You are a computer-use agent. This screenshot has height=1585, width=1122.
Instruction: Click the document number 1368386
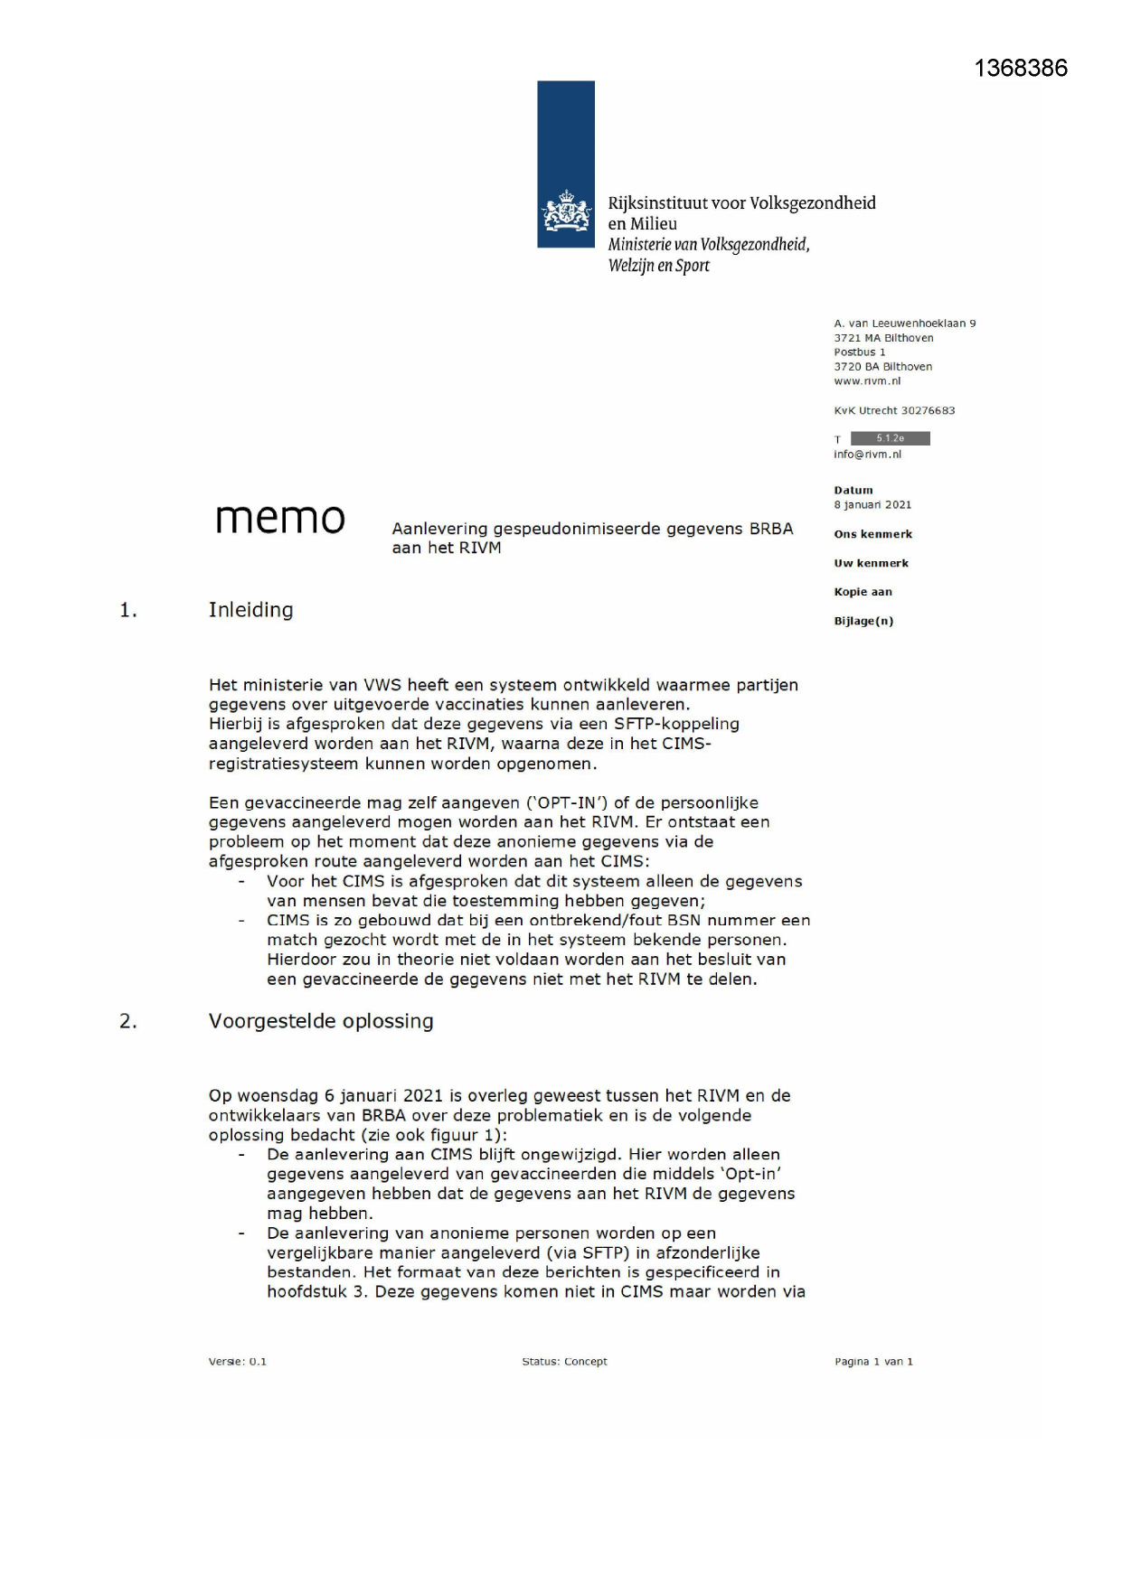(1021, 69)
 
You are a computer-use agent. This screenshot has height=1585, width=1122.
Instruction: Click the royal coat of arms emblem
(566, 211)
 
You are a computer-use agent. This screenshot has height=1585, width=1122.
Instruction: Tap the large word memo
(280, 518)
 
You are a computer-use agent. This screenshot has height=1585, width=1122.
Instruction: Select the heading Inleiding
(250, 610)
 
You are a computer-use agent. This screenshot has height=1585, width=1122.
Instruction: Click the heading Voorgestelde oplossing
(321, 1021)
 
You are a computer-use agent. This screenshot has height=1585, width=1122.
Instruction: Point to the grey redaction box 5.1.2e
(890, 438)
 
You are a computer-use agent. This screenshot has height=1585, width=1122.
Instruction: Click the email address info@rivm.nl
(867, 455)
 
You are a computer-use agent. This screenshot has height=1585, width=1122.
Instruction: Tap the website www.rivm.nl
(867, 381)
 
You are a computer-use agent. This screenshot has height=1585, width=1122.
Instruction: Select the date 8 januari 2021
(872, 505)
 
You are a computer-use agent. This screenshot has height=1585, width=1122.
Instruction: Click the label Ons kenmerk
(872, 534)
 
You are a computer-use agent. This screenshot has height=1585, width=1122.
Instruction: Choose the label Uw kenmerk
(871, 563)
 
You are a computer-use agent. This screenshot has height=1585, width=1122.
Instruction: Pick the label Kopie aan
(863, 592)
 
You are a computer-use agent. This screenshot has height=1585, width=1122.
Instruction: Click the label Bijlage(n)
(863, 621)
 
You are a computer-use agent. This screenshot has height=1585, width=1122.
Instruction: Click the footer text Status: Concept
(564, 1362)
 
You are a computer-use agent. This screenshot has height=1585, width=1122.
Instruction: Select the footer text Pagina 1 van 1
(873, 1362)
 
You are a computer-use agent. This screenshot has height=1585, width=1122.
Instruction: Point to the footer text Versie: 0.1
(238, 1362)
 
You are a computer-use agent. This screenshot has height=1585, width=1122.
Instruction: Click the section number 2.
(128, 1022)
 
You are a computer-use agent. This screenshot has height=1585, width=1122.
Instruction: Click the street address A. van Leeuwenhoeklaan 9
(904, 324)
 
